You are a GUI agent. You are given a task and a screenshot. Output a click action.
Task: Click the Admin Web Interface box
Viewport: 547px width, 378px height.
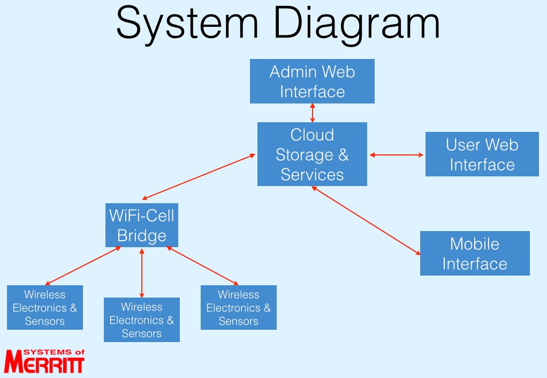[312, 81]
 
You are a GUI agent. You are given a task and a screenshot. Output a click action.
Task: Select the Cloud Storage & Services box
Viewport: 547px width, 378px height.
[312, 154]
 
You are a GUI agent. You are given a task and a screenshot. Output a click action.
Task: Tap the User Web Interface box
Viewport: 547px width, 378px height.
[482, 154]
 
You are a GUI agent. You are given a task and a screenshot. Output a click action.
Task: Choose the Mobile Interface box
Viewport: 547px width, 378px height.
[475, 253]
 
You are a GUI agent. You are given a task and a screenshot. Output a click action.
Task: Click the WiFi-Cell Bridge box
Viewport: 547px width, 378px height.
[142, 225]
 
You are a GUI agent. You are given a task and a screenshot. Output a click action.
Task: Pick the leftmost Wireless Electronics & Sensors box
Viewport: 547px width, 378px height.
[45, 307]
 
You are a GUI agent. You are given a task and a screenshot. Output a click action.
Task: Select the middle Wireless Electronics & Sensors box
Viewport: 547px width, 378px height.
[142, 320]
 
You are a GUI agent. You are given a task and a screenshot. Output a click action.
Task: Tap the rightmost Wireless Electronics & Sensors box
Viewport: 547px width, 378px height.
[239, 307]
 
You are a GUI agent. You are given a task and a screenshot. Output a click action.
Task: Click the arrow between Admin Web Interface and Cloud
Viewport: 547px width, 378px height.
[312, 113]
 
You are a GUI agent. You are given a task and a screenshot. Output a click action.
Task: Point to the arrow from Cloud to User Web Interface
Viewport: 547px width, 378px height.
[396, 155]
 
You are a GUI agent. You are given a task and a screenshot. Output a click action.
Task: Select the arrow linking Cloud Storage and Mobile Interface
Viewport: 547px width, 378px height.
[366, 220]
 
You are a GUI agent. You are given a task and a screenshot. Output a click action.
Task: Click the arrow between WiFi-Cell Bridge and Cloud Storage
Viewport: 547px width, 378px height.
[199, 177]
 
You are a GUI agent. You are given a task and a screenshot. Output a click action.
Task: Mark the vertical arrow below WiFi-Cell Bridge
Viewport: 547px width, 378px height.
[142, 273]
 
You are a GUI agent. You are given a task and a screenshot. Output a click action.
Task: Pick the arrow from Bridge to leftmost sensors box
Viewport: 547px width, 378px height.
[83, 266]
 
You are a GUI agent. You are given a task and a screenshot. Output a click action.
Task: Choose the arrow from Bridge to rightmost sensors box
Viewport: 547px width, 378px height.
[202, 266]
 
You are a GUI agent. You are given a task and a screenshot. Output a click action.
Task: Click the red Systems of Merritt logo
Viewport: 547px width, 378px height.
[44, 361]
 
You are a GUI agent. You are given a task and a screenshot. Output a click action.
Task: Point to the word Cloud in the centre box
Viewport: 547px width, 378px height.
[312, 135]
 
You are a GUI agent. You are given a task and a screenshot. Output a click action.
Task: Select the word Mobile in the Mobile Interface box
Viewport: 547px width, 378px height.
[475, 244]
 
